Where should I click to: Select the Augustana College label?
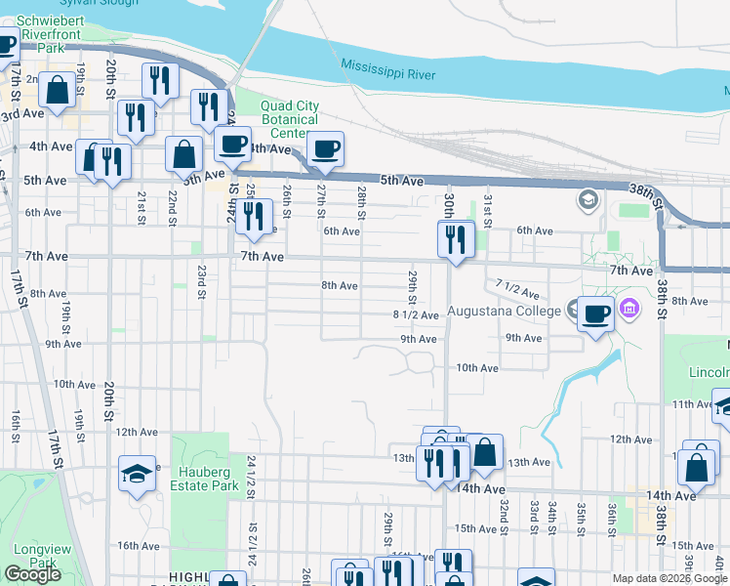tap(505, 313)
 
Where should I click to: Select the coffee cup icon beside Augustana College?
tap(596, 313)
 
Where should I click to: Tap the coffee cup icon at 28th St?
tap(325, 148)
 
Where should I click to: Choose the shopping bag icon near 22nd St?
tap(183, 152)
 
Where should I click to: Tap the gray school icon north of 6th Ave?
tap(588, 201)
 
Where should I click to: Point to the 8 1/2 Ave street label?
tap(416, 314)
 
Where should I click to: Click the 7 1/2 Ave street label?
tap(517, 289)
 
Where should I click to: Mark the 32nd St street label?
tap(505, 511)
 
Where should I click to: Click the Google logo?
tap(33, 574)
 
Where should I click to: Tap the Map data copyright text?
tap(670, 578)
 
